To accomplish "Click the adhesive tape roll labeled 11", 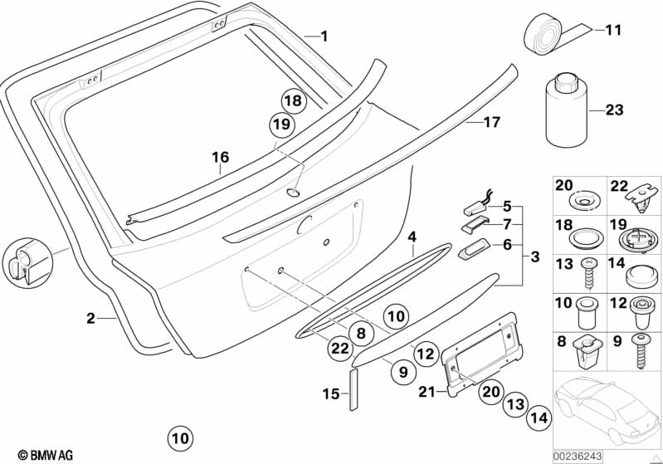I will pos(548,34).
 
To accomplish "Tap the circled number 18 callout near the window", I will pos(292,100).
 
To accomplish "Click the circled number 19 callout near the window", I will pos(282,125).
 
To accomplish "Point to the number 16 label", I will pos(219,156).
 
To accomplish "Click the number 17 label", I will pos(492,122).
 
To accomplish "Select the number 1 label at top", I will pos(324,36).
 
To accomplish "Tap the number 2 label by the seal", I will pos(90,318).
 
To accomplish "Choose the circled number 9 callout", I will pos(402,372).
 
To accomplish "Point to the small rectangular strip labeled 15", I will pos(354,391).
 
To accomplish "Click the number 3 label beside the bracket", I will pos(535,257).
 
